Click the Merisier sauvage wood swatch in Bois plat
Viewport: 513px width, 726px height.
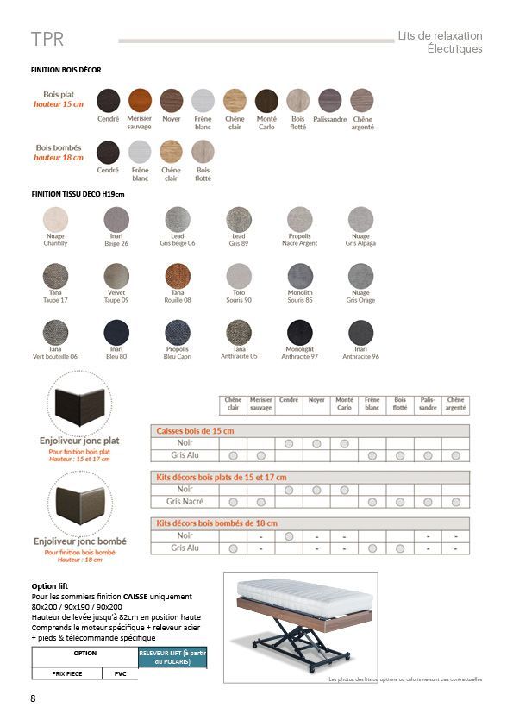click(x=140, y=100)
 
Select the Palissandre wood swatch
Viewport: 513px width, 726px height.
click(x=330, y=100)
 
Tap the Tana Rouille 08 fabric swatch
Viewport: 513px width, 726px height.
click(x=177, y=276)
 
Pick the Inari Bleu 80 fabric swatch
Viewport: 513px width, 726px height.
click(x=116, y=332)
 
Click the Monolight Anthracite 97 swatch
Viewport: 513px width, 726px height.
click(x=300, y=332)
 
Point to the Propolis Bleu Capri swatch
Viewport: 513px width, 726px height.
click(x=177, y=332)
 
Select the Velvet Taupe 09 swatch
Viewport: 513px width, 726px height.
click(x=116, y=276)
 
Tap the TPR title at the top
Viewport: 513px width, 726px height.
click(x=47, y=40)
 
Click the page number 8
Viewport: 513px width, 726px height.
click(x=33, y=698)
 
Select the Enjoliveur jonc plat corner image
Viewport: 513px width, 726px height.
click(x=79, y=404)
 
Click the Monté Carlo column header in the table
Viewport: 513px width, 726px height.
click(x=344, y=404)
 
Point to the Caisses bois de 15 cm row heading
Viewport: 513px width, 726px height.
click(x=195, y=430)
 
